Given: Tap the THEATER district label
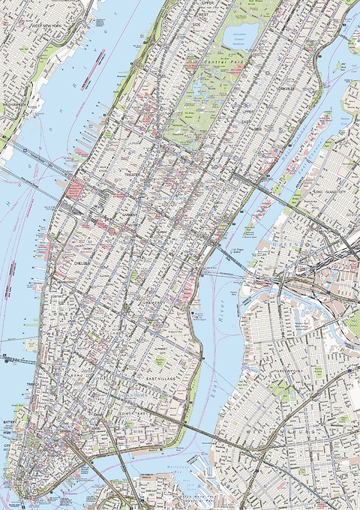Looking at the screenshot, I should click(x=133, y=173).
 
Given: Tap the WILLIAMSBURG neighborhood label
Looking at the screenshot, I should click(x=300, y=432).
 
